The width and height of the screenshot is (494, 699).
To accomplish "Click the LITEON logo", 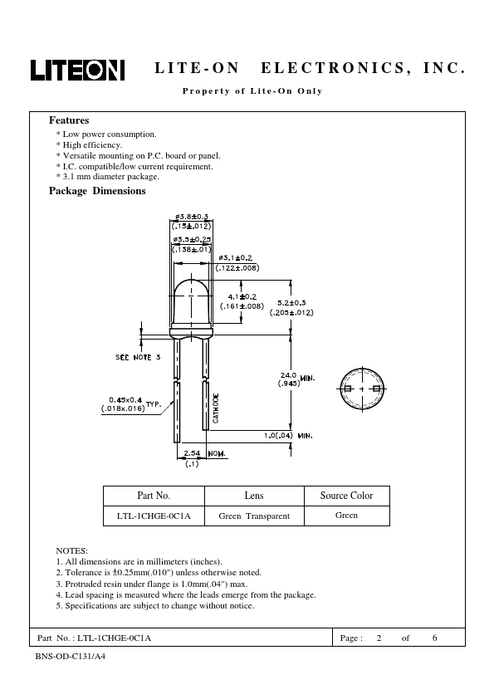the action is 77,70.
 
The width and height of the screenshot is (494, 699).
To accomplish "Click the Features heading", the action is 69,120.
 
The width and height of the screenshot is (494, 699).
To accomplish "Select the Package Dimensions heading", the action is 97,191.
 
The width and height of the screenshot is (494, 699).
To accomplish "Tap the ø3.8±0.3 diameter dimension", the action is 192,217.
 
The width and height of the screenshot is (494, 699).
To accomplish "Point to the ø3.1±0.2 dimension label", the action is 236,257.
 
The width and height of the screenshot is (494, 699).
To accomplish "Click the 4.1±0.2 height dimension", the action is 242,296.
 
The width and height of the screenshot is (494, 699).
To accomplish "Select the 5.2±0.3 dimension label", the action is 291,303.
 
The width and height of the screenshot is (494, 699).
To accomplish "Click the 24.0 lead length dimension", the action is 288,375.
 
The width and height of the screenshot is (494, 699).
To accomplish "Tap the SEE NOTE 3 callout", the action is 138,357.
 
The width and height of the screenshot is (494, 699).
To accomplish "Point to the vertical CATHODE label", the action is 216,408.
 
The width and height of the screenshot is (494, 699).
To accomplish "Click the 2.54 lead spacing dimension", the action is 192,453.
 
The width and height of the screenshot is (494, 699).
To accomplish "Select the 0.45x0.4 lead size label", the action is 125,400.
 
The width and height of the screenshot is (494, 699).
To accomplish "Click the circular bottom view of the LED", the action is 362,389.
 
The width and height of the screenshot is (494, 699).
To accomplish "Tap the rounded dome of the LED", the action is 191,290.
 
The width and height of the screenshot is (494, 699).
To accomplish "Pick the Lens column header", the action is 254,496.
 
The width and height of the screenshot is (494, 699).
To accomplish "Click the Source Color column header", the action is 346,496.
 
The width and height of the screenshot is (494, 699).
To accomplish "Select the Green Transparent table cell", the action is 254,516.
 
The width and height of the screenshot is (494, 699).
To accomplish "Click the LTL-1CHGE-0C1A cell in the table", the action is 154,516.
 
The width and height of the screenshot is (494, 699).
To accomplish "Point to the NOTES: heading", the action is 71,550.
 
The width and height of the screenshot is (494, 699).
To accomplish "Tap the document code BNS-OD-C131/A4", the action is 71,656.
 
